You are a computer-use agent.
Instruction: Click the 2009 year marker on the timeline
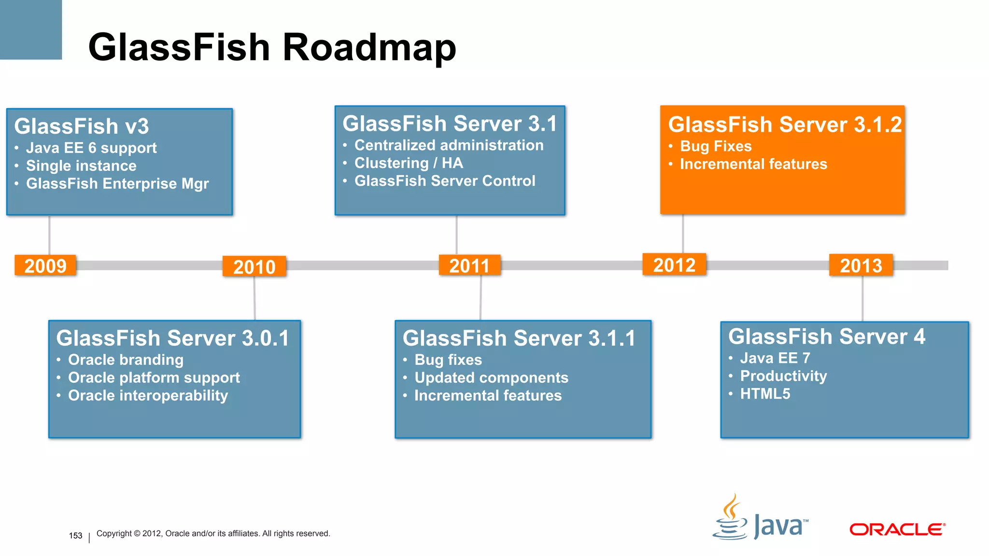[45, 265]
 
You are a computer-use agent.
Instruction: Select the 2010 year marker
[254, 266]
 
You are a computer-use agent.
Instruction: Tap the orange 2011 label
[469, 265]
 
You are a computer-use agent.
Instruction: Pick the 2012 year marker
[674, 264]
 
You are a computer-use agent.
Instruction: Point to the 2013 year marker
[861, 265]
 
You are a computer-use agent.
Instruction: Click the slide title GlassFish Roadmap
[272, 47]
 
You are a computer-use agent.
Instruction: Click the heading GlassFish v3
[81, 126]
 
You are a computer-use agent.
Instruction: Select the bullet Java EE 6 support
[91, 148]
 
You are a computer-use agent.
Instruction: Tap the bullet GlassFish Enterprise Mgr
[117, 184]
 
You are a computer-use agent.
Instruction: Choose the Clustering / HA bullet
[409, 163]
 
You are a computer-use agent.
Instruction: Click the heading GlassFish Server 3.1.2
[784, 125]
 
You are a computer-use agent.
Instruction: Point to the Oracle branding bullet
[126, 360]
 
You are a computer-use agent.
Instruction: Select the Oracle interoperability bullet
[148, 396]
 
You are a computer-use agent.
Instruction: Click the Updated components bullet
[491, 378]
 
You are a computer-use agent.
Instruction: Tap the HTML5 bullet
[765, 394]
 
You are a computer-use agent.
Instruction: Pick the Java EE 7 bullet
[775, 358]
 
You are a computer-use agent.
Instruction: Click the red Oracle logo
[897, 529]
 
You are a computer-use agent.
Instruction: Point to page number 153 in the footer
[75, 536]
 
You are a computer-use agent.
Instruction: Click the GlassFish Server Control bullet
[445, 181]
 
